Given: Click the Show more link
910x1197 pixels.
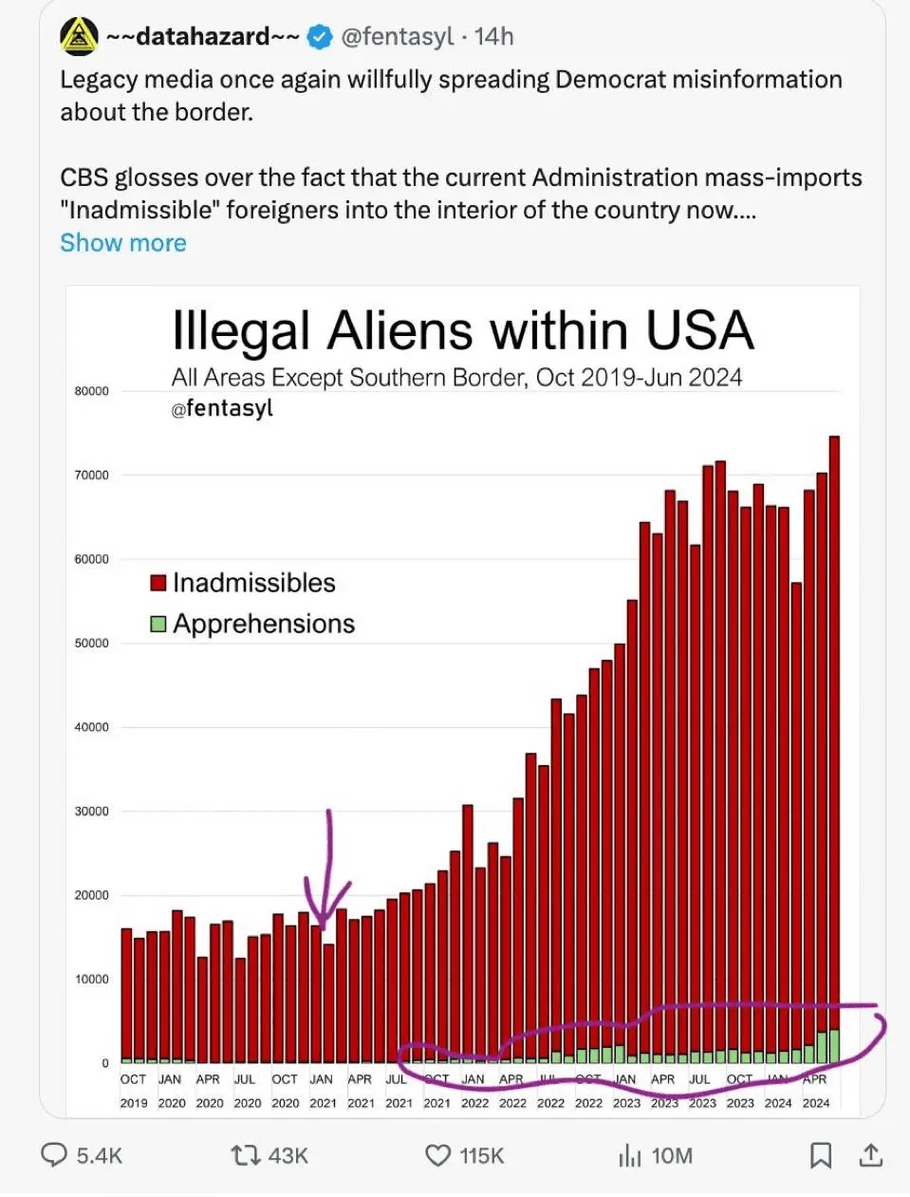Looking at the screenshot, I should (123, 243).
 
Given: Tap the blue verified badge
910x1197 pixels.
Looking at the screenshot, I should (321, 37).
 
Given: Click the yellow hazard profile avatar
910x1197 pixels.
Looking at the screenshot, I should (79, 37).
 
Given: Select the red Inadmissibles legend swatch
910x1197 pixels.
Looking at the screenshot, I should (158, 583).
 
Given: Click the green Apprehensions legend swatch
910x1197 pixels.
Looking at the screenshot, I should (158, 624).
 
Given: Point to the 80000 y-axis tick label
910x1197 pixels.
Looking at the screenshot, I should (91, 391).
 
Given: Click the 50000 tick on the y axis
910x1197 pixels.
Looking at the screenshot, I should (91, 644).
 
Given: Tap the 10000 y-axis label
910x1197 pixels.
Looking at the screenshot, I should (91, 980).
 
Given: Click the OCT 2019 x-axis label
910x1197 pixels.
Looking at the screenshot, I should (133, 1091).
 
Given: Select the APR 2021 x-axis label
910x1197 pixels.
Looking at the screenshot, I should (361, 1091).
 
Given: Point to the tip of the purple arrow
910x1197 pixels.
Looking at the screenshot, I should (325, 928).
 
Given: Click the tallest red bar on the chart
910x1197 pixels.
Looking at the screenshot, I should (834, 740).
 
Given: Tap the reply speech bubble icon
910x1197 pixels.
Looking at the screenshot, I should (54, 1155).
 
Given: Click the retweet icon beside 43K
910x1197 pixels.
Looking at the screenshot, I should (246, 1155).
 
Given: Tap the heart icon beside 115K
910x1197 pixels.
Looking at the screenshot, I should (437, 1155).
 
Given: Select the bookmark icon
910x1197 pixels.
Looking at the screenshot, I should (821, 1155).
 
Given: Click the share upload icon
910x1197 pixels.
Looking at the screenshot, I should (871, 1155).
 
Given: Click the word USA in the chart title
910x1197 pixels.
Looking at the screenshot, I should (699, 331).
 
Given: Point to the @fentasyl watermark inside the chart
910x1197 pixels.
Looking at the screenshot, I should (222, 408).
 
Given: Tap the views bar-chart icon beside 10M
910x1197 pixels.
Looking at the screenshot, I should (629, 1155).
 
